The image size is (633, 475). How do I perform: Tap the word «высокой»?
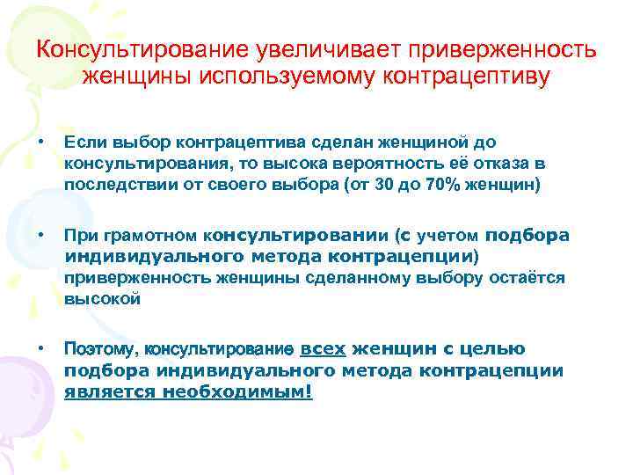click(x=103, y=299)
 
